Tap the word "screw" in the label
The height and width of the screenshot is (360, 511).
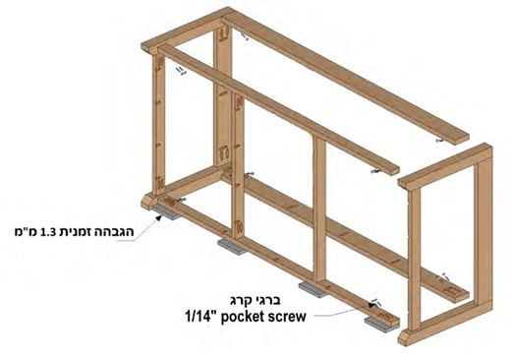click(285, 318)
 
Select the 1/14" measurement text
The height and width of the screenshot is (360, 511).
click(200, 317)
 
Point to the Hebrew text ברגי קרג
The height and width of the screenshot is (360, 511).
click(255, 300)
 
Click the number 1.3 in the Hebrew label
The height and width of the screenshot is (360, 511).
click(47, 232)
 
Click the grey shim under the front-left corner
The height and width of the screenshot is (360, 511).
click(166, 212)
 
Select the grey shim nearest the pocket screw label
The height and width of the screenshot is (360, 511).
click(381, 325)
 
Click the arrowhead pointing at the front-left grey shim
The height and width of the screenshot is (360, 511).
click(159, 217)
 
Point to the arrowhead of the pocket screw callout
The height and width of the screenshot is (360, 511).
click(372, 305)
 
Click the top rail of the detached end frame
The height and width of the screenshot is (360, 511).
click(445, 167)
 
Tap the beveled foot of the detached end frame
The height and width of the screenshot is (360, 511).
click(406, 337)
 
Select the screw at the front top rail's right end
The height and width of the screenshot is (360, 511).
click(375, 171)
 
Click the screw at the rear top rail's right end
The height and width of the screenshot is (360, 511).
click(439, 141)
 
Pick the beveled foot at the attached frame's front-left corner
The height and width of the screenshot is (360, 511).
click(148, 201)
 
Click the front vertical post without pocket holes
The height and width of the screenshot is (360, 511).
click(319, 210)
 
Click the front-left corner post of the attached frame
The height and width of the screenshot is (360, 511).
click(159, 126)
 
